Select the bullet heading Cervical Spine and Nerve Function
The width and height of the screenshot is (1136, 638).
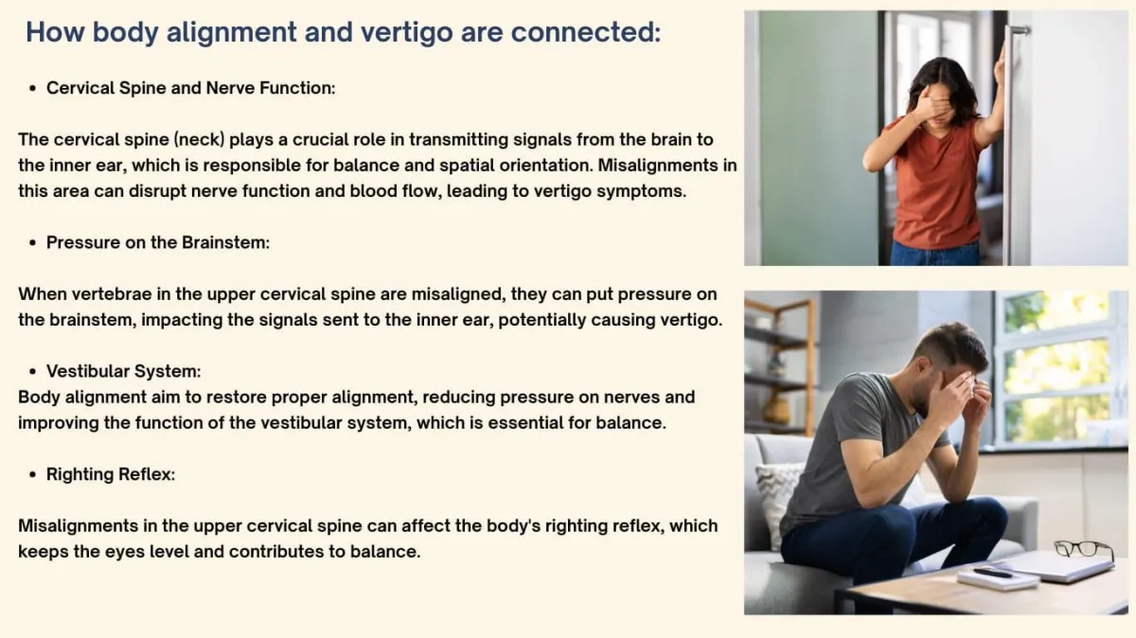190,88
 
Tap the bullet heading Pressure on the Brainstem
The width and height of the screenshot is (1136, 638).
158,242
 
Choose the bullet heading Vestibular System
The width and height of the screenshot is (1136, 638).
123,371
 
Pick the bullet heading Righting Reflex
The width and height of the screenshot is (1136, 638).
111,474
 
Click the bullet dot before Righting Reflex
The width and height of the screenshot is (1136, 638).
33,474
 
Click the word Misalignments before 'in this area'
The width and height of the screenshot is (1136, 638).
662,166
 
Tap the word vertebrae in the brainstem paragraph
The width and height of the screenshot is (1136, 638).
111,294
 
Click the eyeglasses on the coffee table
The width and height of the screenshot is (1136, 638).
1084,551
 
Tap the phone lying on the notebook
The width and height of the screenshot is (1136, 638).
993,573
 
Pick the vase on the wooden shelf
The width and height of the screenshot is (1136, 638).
776,409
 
